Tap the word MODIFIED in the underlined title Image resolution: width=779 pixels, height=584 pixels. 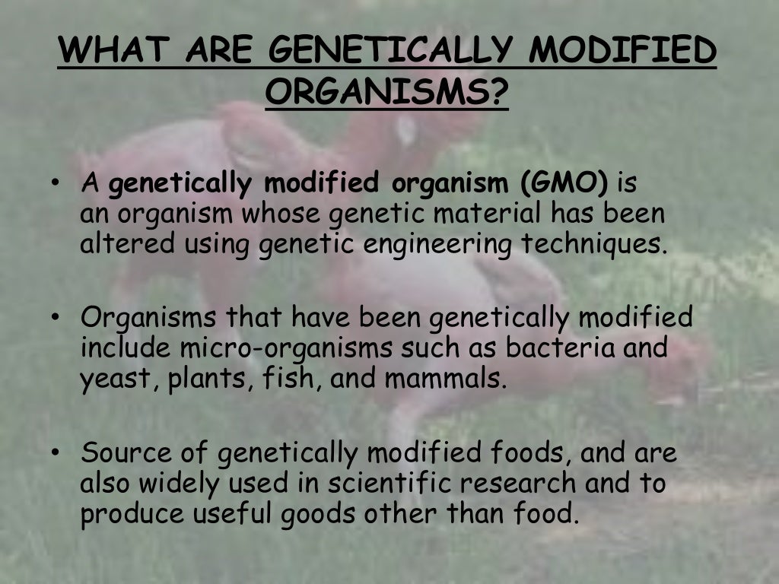pos(623,52)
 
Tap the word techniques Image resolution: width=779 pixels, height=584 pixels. pos(599,245)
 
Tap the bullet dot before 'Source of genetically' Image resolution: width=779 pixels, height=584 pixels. pos(56,454)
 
